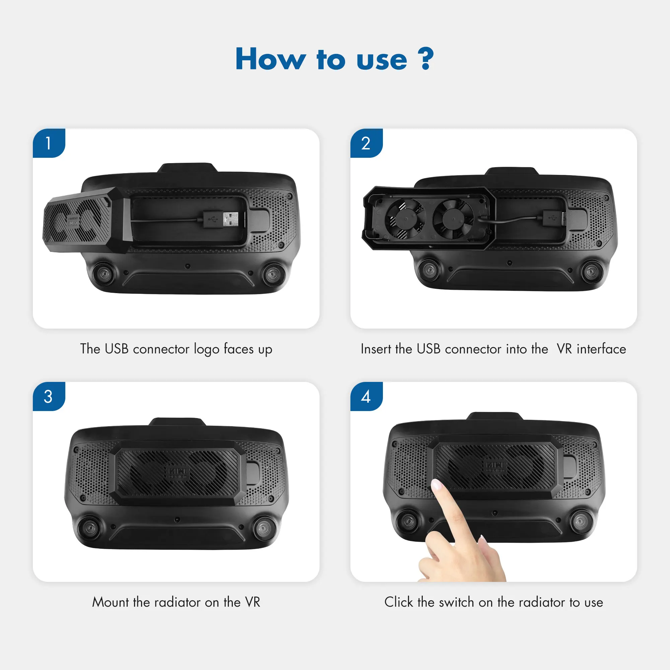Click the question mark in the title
pyautogui.click(x=425, y=59)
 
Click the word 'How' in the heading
pyautogui.click(x=270, y=59)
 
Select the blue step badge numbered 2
pyautogui.click(x=366, y=143)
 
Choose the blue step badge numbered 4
pyautogui.click(x=366, y=396)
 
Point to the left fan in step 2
pyautogui.click(x=405, y=219)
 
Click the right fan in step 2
pyautogui.click(x=453, y=219)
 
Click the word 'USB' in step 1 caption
pyautogui.click(x=117, y=349)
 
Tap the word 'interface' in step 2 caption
pyautogui.click(x=601, y=349)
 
